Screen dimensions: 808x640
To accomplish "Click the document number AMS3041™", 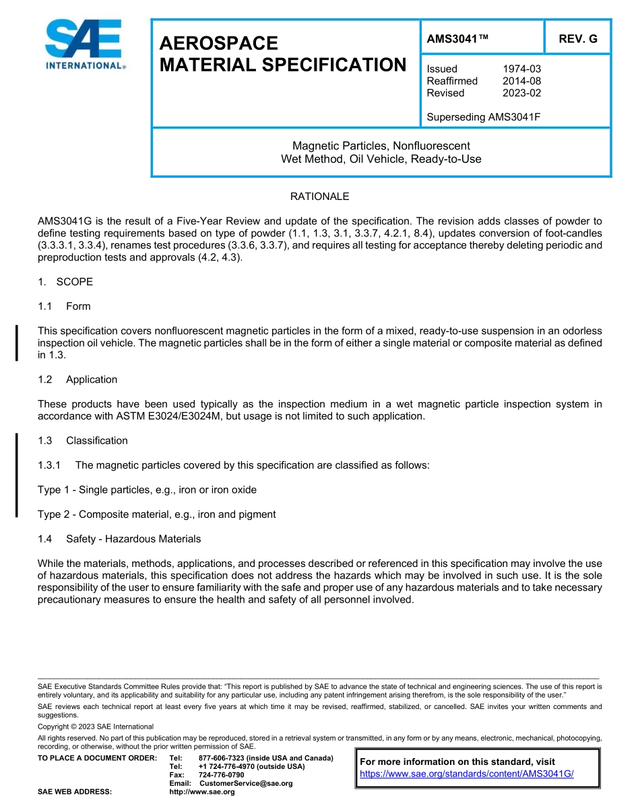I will point(457,38).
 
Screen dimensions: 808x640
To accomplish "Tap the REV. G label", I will point(577,38).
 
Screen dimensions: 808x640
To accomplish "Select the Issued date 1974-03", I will point(521,69).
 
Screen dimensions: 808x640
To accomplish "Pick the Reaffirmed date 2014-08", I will point(521,81).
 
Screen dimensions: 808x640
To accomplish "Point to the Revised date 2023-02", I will point(521,93).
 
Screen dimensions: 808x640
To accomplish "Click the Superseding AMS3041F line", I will point(484,117).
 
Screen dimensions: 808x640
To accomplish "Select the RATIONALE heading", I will point(319,197).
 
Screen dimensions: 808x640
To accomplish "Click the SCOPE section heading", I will point(74,281).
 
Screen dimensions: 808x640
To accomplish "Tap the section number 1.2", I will point(45,380).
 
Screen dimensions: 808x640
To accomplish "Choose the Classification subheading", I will point(96,441).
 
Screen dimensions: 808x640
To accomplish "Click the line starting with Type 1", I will point(147,490).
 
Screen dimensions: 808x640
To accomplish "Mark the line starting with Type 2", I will point(156,514).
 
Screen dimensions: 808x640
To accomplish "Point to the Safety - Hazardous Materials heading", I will point(133,539).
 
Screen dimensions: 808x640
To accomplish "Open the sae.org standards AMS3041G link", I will point(466,774).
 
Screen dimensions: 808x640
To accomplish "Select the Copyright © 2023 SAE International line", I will point(96,727).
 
